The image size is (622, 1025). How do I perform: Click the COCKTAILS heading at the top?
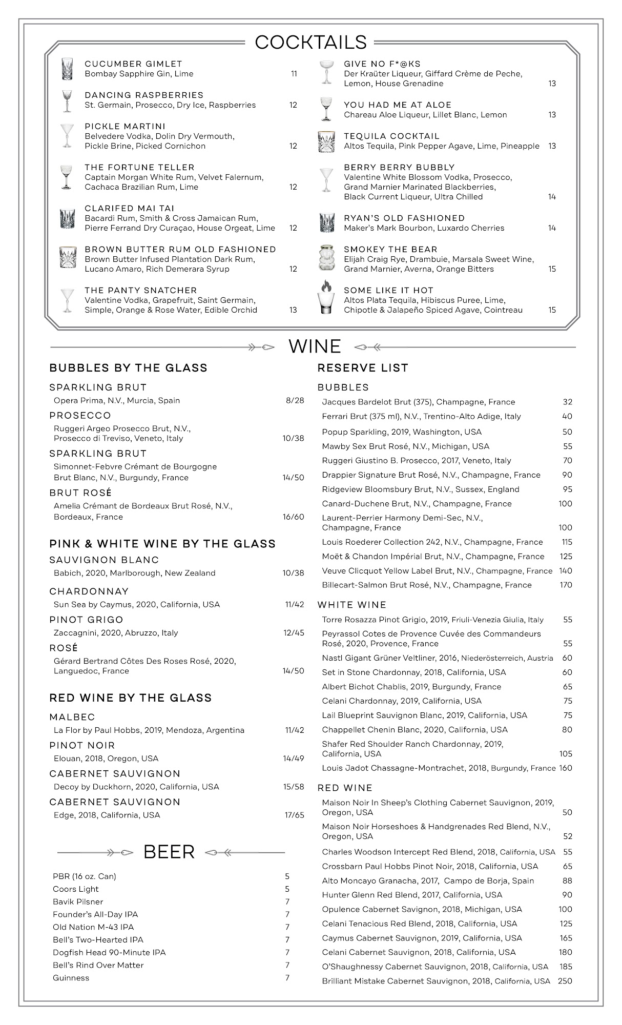[x=310, y=42]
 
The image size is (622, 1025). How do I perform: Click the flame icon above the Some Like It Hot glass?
[x=326, y=285]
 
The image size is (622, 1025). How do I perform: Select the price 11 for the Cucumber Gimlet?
[x=294, y=74]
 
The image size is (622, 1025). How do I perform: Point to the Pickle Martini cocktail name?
[x=125, y=126]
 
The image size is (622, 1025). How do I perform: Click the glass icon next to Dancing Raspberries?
[x=67, y=100]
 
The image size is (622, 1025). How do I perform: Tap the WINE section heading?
[x=315, y=346]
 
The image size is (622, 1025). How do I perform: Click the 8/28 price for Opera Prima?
[x=295, y=401]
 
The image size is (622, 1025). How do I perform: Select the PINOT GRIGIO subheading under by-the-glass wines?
[x=86, y=620]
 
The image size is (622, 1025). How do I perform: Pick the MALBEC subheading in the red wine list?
[x=72, y=717]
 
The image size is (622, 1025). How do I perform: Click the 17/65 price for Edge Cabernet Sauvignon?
[x=294, y=815]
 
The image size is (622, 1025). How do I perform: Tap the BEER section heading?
[x=169, y=852]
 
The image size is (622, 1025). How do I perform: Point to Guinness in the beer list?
[x=71, y=978]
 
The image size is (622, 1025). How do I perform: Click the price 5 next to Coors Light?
[x=287, y=889]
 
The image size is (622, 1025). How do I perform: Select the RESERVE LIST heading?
[x=363, y=368]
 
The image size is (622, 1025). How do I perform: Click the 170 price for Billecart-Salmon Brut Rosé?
[x=566, y=585]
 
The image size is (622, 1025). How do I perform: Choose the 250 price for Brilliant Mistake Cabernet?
[x=565, y=981]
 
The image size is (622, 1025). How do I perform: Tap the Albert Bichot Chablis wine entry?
[x=411, y=686]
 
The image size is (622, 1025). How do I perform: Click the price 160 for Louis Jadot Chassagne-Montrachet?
[x=566, y=768]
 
